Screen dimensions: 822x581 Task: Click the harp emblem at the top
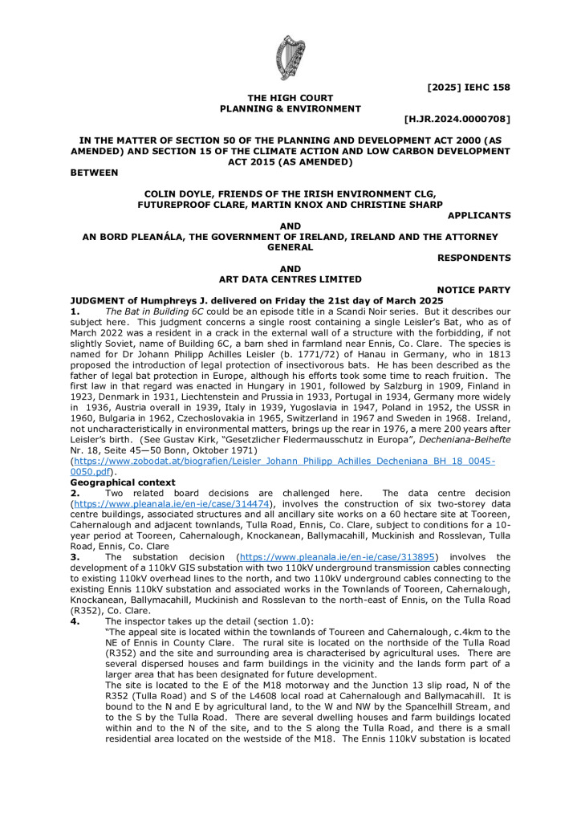coord(290,58)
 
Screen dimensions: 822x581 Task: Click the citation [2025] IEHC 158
coord(469,87)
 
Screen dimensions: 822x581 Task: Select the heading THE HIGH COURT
coord(290,98)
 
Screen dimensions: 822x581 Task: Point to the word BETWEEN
coord(94,172)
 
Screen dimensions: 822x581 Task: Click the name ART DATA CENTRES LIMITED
coord(290,279)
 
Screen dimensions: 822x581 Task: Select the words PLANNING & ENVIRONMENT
coord(290,108)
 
